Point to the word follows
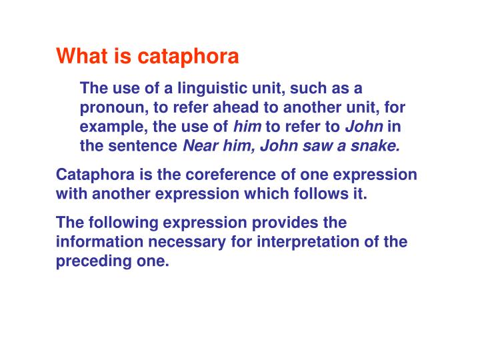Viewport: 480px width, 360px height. click(328, 194)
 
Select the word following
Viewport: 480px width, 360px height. click(119, 223)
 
